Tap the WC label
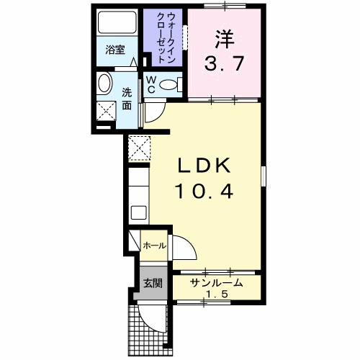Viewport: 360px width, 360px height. [151, 84]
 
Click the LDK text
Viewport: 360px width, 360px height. [204, 166]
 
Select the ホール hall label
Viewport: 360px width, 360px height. [153, 246]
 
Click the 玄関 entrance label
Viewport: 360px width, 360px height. [151, 282]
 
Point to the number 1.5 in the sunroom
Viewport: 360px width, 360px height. [215, 295]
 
